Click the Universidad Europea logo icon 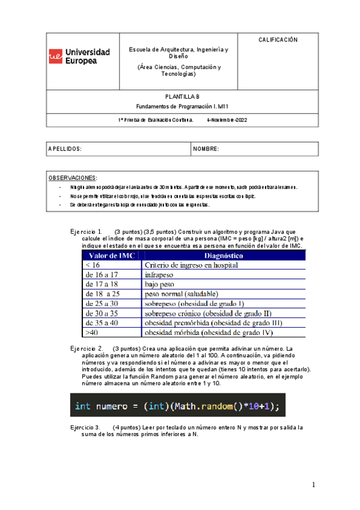[x=55, y=57]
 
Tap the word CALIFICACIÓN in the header [x=278, y=40]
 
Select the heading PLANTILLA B [x=182, y=97]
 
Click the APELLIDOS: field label [x=65, y=149]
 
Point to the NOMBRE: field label [x=206, y=149]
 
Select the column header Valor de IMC [x=111, y=256]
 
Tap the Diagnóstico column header [x=224, y=256]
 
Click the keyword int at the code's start [x=82, y=406]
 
